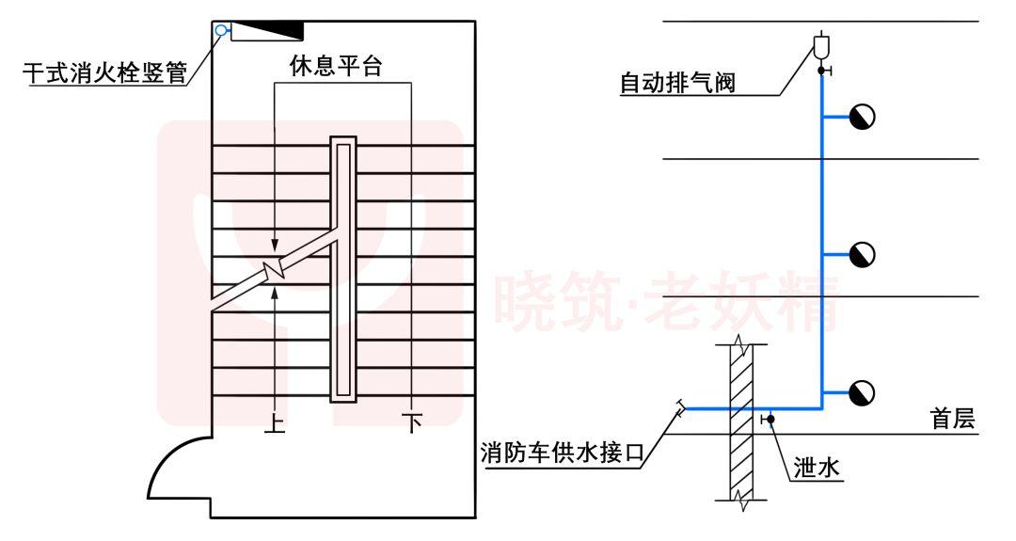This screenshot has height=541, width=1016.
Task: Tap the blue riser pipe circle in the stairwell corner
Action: pyautogui.click(x=221, y=30)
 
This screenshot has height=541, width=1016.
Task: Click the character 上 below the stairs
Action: pyautogui.click(x=275, y=424)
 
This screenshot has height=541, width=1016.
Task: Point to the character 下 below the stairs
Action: pyautogui.click(x=412, y=424)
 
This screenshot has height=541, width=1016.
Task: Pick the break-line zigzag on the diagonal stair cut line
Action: pyautogui.click(x=274, y=270)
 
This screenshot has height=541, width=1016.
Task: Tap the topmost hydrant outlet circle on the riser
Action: pyautogui.click(x=862, y=117)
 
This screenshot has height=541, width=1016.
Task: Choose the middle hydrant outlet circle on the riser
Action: pyautogui.click(x=862, y=254)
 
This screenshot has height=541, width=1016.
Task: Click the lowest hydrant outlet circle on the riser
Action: pyautogui.click(x=862, y=392)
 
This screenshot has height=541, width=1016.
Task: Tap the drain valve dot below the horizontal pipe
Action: pyautogui.click(x=769, y=419)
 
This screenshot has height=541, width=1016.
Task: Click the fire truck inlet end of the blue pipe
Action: pyautogui.click(x=679, y=406)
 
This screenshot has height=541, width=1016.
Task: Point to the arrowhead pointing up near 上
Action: pyautogui.click(x=275, y=294)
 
